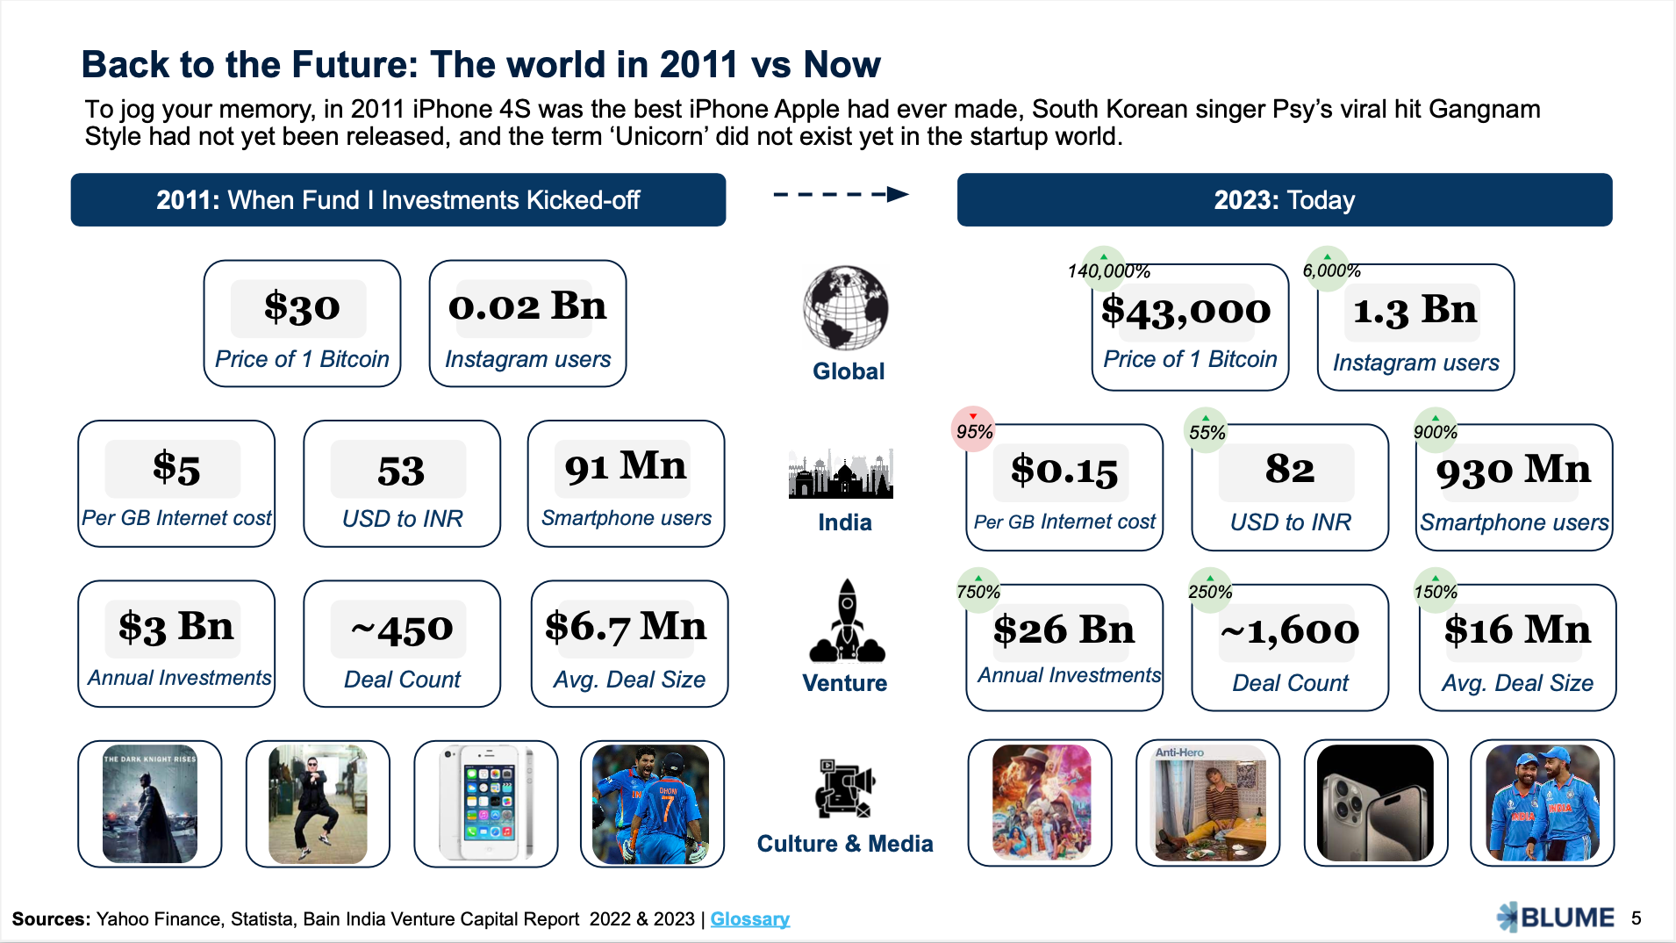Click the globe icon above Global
coord(846,308)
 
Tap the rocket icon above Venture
coord(847,621)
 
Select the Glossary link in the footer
coord(749,918)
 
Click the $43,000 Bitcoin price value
coord(1185,311)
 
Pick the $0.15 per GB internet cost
coord(1064,471)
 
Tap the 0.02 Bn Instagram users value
coord(527,306)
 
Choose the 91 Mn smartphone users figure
coord(626,466)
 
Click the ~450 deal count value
coord(402,629)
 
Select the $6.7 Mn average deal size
coord(626,627)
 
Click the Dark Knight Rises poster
coord(150,803)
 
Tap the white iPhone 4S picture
coord(486,803)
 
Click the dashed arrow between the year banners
coord(841,195)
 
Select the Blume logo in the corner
coord(1555,918)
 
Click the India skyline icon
coord(841,475)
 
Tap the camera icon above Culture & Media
coord(844,788)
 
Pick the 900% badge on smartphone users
coord(1436,430)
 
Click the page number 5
coord(1637,918)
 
